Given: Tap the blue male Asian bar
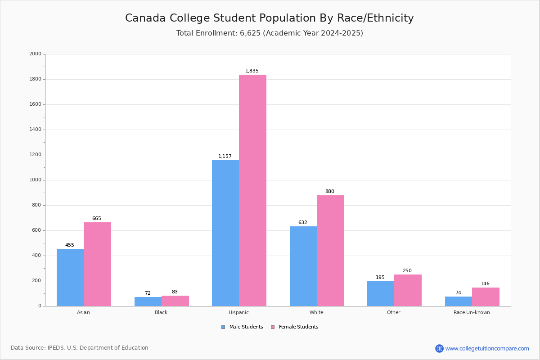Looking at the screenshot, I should (x=70, y=277).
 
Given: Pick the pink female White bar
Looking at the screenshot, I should (x=330, y=251).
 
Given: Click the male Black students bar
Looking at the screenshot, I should (x=148, y=301).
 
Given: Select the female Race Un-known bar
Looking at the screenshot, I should (x=486, y=297).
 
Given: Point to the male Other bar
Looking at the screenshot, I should (x=381, y=293).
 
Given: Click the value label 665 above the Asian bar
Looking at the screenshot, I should (x=97, y=219).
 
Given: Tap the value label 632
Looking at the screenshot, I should (x=303, y=223).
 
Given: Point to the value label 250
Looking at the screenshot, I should (x=407, y=271).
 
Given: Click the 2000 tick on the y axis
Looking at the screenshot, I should (x=35, y=54).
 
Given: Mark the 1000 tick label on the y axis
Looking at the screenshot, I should (x=35, y=180).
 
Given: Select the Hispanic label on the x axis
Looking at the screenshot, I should (x=238, y=312).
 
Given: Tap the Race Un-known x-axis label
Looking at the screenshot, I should (x=472, y=312).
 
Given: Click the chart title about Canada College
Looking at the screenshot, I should (x=269, y=18).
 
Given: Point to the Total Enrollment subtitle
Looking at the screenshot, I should (x=270, y=33).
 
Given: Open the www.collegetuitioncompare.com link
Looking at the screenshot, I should (x=487, y=348).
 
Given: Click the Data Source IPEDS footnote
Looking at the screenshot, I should (x=80, y=348).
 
